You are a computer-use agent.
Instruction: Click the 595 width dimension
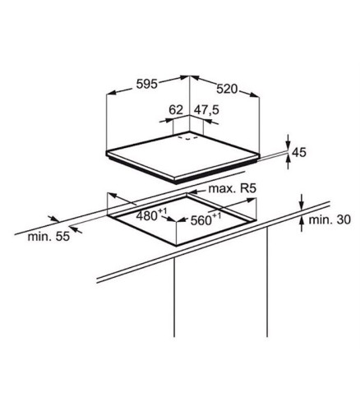click(147, 84)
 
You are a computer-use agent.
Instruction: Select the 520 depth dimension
click(227, 89)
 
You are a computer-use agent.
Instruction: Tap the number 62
click(176, 110)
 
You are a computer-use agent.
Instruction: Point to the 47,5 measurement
click(206, 110)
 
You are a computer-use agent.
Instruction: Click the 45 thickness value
click(299, 152)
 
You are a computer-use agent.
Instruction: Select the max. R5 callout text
click(233, 188)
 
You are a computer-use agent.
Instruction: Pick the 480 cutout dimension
click(151, 215)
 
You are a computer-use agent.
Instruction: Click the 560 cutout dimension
click(205, 219)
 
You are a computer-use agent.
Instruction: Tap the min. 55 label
click(48, 236)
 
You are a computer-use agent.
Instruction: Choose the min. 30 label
click(330, 219)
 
